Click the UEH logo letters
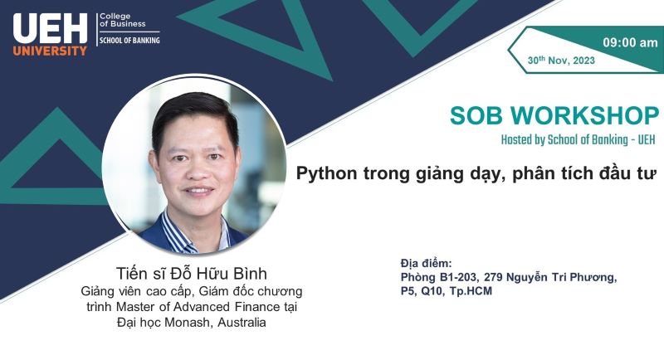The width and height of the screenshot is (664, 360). pos(50,28)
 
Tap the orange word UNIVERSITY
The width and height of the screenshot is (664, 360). pos(50,51)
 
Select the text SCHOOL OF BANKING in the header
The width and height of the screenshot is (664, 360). pos(129,40)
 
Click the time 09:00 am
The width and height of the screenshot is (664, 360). pos(630,42)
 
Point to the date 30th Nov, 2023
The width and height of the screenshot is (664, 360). pos(561,61)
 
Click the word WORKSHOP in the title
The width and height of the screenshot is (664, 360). pos(585,115)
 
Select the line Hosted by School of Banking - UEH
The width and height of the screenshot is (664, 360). pos(578,139)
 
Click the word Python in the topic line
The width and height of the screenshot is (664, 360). pos(326,173)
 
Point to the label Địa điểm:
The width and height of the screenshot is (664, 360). pos(426,263)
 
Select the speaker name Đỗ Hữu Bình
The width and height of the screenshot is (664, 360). pos(218,274)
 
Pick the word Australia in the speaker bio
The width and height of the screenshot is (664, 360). pos(242,323)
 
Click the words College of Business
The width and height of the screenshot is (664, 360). pos(123,20)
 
